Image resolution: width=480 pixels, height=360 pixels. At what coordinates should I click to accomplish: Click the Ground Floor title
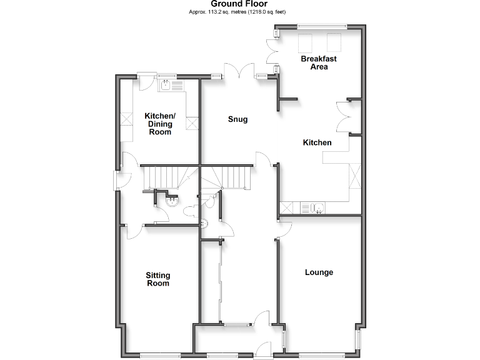(x=239, y=4)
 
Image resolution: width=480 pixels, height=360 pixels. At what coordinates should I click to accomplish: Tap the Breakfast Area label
(x=319, y=62)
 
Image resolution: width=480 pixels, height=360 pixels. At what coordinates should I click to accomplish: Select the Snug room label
(x=237, y=119)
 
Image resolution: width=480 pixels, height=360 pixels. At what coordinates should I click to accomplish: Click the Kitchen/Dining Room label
(x=160, y=124)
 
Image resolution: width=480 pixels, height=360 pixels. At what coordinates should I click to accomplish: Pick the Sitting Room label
(x=157, y=279)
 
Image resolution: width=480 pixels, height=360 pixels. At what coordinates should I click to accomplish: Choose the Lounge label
(x=319, y=272)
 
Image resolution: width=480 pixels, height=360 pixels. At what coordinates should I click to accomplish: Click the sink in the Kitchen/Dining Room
(x=167, y=86)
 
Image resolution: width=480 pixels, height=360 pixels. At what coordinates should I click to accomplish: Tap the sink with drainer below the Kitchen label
(x=311, y=207)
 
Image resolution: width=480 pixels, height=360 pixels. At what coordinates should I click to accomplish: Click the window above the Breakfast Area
(x=322, y=26)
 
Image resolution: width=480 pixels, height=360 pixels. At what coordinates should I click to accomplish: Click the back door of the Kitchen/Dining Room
(x=147, y=77)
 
